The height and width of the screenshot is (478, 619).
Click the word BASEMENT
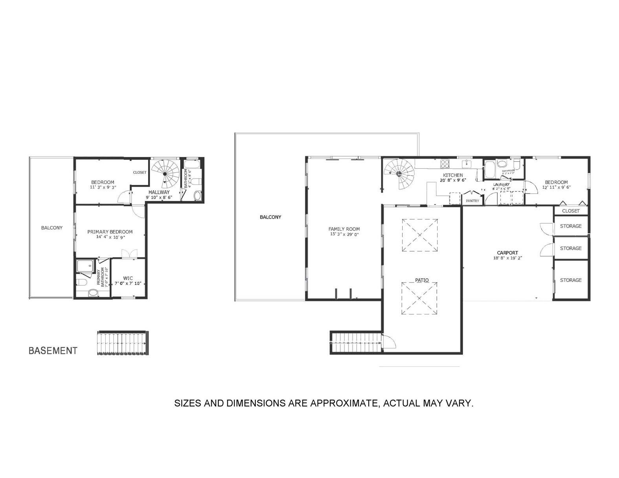[x=53, y=350]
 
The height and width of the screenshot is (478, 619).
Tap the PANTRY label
[x=472, y=201]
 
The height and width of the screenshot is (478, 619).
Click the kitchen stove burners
[x=445, y=163]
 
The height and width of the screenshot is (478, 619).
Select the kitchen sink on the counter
[x=467, y=163]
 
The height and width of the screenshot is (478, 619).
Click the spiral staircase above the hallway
[x=165, y=173]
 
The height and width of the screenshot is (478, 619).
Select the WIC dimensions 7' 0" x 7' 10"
[x=128, y=283]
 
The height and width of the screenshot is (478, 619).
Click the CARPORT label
[x=507, y=253]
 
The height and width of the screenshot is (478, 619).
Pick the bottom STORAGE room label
[x=570, y=280]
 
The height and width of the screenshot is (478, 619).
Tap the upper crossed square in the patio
[x=419, y=235]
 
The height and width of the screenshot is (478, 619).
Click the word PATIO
[x=422, y=280]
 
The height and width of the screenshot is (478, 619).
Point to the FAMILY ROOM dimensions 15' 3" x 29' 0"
[x=344, y=234]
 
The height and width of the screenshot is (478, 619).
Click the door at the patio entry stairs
[x=389, y=341]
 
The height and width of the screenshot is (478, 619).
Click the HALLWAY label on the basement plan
[x=159, y=192]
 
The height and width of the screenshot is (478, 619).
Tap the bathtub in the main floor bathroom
[x=489, y=169]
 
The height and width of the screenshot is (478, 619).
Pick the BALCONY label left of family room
[x=270, y=217]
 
